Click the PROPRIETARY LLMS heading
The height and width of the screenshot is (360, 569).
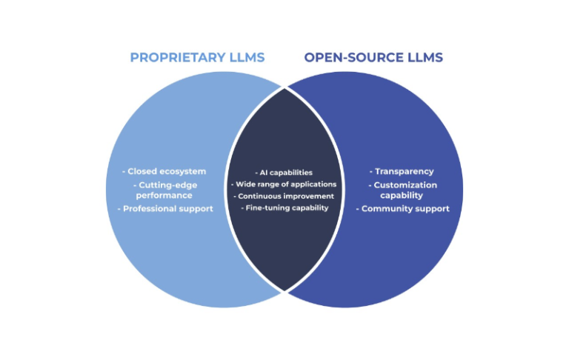coord(197,58)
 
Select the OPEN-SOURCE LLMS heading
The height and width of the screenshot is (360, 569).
coord(373,58)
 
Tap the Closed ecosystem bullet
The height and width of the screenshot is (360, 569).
coord(164,172)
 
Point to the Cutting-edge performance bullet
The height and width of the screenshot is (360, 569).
coord(164,190)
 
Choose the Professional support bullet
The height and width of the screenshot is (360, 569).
coord(166,209)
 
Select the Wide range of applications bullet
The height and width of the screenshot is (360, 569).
coord(284,184)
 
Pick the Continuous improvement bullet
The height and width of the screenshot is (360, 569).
coord(284,196)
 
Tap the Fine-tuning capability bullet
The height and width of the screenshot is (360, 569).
coord(284,208)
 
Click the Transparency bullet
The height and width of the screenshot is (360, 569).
coord(402,172)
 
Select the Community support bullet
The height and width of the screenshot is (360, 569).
coord(402,209)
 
